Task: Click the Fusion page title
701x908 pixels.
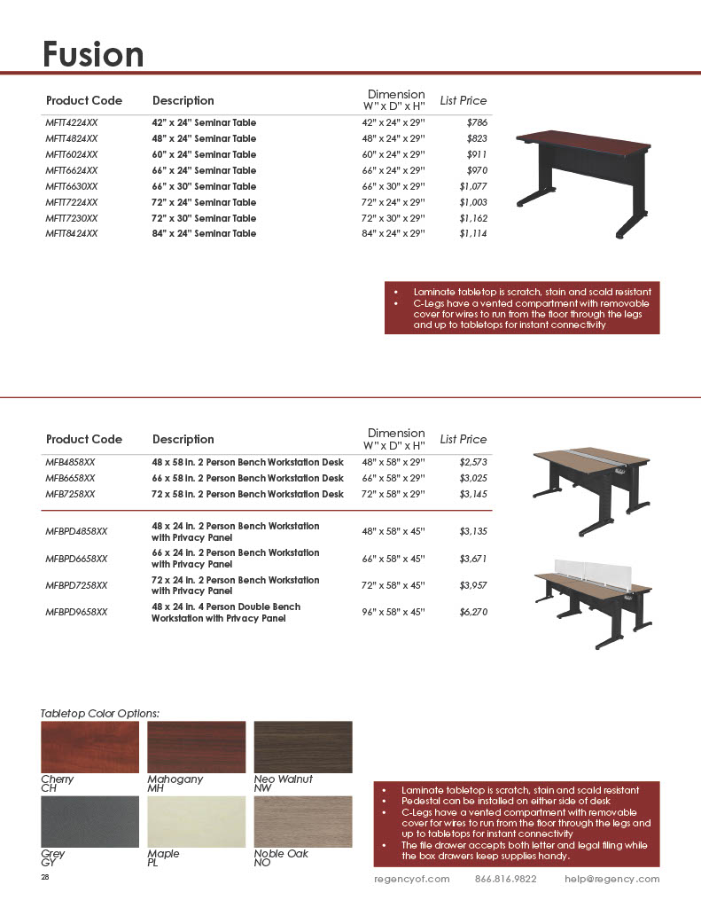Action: [93, 54]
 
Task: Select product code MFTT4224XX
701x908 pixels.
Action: [72, 122]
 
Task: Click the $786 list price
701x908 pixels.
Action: [478, 122]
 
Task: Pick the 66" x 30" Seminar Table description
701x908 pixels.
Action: [204, 186]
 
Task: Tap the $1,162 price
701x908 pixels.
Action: [473, 218]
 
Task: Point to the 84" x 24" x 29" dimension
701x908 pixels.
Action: [393, 234]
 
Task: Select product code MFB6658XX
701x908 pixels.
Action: [70, 478]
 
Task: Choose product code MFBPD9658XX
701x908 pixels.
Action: [76, 613]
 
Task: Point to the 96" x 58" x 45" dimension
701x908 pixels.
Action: [393, 613]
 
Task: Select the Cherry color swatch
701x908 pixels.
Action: [90, 747]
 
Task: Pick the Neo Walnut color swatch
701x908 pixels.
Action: [303, 747]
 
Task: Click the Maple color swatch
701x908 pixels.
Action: [196, 821]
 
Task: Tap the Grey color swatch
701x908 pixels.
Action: [90, 821]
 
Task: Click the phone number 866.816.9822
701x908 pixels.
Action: [505, 880]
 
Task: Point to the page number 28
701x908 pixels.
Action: [45, 877]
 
